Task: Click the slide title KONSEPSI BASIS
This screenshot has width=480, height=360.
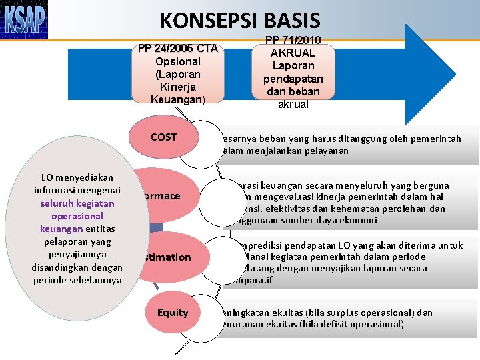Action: click(240, 21)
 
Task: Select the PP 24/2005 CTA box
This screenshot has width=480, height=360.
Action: click(177, 73)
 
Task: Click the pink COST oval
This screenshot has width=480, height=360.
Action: click(164, 137)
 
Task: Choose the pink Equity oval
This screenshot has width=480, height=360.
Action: click(173, 313)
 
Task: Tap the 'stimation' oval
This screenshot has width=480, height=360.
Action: click(167, 257)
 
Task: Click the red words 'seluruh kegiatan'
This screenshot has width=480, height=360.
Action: click(77, 203)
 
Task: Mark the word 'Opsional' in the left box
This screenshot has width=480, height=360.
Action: click(177, 61)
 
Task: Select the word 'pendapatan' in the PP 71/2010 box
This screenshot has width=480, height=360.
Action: click(293, 79)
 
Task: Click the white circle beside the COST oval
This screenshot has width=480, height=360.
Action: click(199, 145)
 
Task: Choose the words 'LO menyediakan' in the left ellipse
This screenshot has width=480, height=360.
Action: click(77, 178)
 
